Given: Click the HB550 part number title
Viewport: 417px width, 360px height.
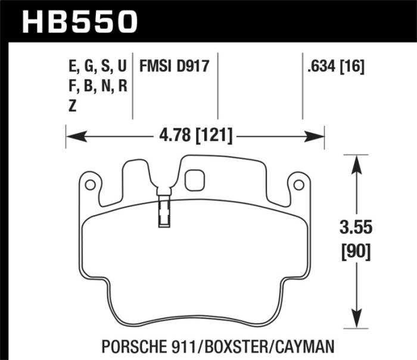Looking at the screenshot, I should pyautogui.click(x=80, y=21).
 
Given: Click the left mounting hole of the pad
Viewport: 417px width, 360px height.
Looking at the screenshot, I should pyautogui.click(x=90, y=185).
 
